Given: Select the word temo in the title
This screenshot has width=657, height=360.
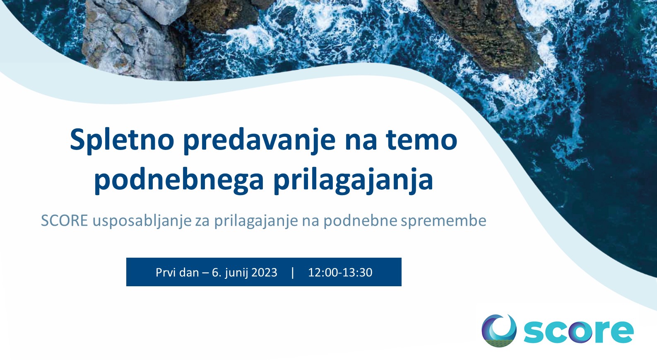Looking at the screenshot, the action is pyautogui.click(x=421, y=140).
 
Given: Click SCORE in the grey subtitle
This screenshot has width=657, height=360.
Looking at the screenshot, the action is pyautogui.click(x=65, y=221).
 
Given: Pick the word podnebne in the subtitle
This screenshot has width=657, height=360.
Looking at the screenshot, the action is pyautogui.click(x=361, y=221).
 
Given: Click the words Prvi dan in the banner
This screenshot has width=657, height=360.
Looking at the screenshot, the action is pyautogui.click(x=178, y=273).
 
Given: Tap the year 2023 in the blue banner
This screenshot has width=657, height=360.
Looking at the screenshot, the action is pyautogui.click(x=264, y=273).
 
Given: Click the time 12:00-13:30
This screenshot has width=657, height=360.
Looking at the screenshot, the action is pyautogui.click(x=340, y=273).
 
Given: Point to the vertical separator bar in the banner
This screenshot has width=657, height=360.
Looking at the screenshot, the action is pyautogui.click(x=293, y=273).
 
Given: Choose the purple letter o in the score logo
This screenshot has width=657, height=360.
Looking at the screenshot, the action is pyautogui.click(x=580, y=332).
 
